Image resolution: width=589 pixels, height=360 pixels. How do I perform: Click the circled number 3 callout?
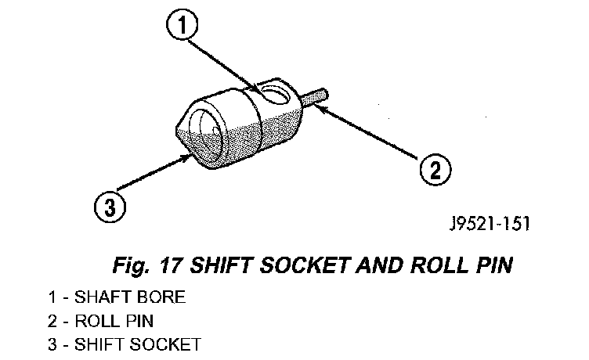click(110, 208)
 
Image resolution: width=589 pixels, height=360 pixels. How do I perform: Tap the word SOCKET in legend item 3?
click(172, 344)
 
